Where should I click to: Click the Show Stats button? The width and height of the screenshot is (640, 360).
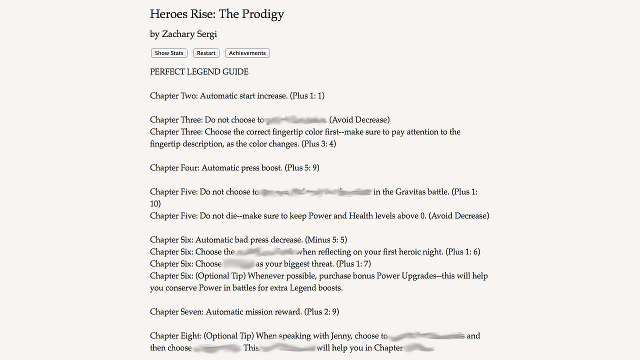coord(169,53)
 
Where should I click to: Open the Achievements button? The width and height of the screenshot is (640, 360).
coord(247,53)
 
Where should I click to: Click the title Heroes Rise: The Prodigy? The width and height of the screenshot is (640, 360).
coord(217,14)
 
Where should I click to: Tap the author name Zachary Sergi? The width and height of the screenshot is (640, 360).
coord(189,34)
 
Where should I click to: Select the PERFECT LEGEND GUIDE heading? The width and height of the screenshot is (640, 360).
coord(199,71)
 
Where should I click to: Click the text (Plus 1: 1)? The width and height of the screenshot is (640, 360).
coord(307,95)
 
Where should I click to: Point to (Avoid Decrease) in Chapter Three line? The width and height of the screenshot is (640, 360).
coord(359,119)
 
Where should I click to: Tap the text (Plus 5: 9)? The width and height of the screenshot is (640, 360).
coord(302,167)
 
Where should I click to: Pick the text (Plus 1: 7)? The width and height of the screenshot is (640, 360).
coord(353,263)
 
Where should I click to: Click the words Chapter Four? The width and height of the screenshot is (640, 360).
coord(174,167)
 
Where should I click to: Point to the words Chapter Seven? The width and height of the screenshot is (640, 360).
coord(176,311)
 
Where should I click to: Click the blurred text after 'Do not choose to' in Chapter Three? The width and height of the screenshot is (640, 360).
coord(295,119)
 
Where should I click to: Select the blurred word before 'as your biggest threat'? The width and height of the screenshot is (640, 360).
coord(238,263)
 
